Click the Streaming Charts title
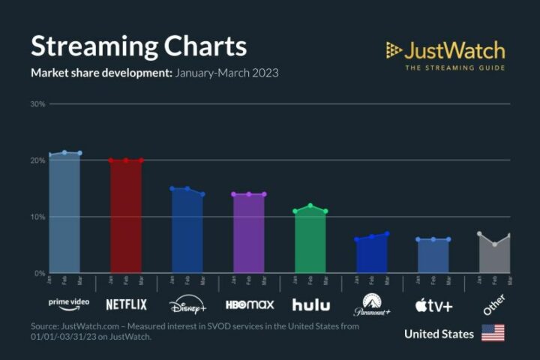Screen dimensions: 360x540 139,46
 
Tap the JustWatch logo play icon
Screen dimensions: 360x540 394,50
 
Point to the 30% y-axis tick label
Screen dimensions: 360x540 38,103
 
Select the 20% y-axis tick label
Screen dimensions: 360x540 38,160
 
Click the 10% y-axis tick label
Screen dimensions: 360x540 38,217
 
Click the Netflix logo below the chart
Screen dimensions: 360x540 126,304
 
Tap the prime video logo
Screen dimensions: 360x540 68,304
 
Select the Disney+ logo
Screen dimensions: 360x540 187,305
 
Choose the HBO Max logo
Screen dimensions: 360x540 249,304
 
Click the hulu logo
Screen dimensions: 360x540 310,304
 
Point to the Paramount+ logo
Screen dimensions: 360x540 372,304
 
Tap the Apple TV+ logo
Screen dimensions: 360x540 433,305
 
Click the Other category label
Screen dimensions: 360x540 494,303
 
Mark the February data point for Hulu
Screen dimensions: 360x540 310,205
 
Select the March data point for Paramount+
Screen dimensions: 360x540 387,234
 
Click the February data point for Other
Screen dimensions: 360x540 495,244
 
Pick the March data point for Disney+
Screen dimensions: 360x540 202,194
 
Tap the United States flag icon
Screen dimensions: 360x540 493,333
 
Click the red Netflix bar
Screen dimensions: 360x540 126,217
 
